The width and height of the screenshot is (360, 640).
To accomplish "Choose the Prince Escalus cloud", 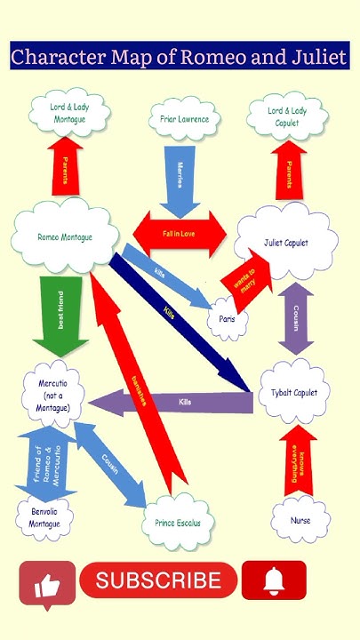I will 178,523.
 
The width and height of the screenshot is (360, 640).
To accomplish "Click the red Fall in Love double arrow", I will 180,233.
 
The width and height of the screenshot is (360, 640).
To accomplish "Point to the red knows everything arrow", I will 299,460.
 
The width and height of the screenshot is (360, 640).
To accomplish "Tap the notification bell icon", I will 274,581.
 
